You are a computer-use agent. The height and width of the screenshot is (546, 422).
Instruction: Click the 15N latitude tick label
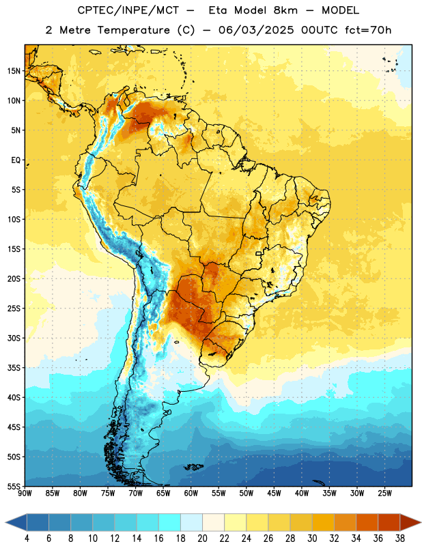pyautogui.click(x=14, y=71)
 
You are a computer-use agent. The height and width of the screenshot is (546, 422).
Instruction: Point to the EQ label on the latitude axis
pyautogui.click(x=16, y=160)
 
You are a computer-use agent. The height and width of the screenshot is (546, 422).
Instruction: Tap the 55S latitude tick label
pyautogui.click(x=14, y=486)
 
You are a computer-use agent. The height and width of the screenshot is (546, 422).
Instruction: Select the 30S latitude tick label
pyautogui.click(x=14, y=338)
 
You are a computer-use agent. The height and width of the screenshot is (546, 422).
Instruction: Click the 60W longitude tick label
pyautogui.click(x=191, y=493)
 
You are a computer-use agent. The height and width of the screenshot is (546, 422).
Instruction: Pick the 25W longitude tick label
pyautogui.click(x=384, y=493)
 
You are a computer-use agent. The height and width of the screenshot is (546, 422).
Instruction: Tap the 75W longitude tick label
pyautogui.click(x=108, y=493)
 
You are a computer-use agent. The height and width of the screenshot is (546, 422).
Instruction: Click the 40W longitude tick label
pyautogui.click(x=302, y=493)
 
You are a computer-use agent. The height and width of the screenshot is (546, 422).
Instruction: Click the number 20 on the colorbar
pyautogui.click(x=202, y=538)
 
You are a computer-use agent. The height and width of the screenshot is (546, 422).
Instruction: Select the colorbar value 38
pyautogui.click(x=400, y=538)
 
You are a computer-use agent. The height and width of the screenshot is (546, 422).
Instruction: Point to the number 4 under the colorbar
pyautogui.click(x=27, y=538)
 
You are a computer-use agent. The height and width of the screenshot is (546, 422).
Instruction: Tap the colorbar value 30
pyautogui.click(x=312, y=538)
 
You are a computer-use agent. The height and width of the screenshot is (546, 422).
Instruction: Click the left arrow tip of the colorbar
pyautogui.click(x=5, y=522)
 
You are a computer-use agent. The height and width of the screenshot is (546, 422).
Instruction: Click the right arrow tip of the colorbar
pyautogui.click(x=421, y=522)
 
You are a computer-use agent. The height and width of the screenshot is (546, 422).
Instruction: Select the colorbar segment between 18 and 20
pyautogui.click(x=192, y=522)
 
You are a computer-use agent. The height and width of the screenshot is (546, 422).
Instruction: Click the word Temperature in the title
pyautogui.click(x=133, y=30)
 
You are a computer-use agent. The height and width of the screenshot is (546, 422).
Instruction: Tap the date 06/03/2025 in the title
pyautogui.click(x=256, y=30)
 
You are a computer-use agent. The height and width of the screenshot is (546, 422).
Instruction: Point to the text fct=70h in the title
pyautogui.click(x=368, y=30)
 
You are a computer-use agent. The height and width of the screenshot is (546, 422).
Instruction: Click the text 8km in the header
pyautogui.click(x=285, y=10)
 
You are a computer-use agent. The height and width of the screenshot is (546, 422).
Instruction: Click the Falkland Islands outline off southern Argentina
pyautogui.click(x=193, y=467)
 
